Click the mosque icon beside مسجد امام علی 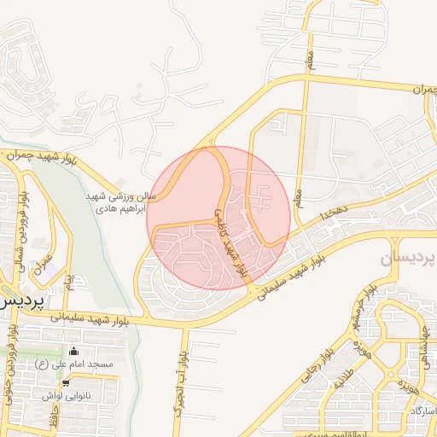click(x=74, y=352)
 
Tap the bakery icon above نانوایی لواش click(x=66, y=383)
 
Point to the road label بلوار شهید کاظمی click(x=230, y=242)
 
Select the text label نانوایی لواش click(x=66, y=396)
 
